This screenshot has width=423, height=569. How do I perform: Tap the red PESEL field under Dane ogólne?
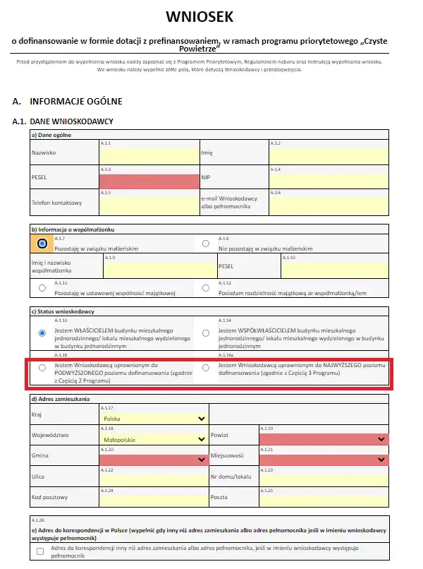click(x=149, y=180)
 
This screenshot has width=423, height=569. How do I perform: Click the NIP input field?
click(x=328, y=180)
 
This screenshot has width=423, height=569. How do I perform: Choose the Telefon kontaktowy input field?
click(x=149, y=205)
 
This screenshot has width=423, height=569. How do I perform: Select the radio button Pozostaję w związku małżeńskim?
click(x=42, y=244)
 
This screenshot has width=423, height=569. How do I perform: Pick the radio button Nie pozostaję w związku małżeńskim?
click(x=206, y=244)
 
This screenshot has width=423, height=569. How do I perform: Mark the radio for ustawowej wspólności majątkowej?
click(x=42, y=288)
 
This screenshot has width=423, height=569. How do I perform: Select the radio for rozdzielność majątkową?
click(x=206, y=288)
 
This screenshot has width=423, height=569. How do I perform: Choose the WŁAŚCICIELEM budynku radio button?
click(x=42, y=333)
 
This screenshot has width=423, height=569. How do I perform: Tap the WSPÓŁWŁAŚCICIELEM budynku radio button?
click(x=206, y=333)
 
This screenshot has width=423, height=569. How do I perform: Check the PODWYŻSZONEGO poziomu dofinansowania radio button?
click(x=42, y=368)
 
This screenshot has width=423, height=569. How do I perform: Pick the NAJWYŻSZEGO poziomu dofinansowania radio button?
click(x=206, y=368)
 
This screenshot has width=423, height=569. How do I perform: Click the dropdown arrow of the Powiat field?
click(x=381, y=439)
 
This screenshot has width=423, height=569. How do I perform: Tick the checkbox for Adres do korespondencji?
click(x=40, y=551)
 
